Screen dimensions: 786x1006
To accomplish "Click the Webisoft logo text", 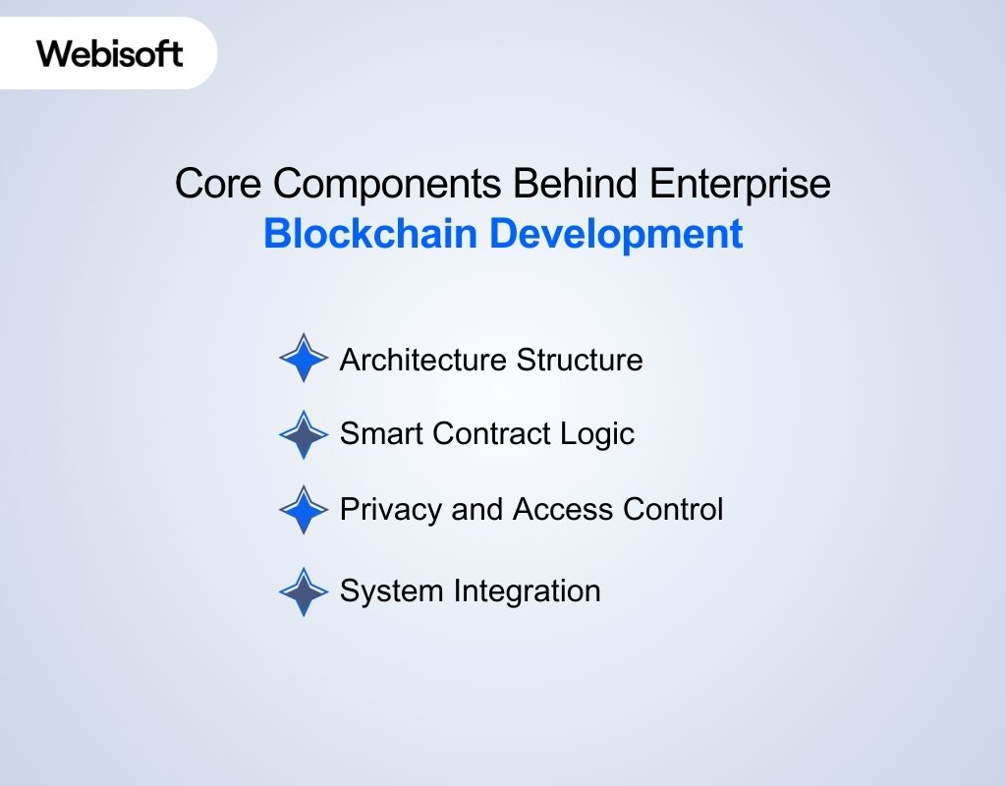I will click(110, 53).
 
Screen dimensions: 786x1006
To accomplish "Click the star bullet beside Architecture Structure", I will click(303, 359).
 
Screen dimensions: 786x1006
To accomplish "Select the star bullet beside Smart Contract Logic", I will click(303, 434).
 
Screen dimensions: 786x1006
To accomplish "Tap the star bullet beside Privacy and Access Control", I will click(303, 510).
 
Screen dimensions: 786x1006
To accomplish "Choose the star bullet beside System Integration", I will click(303, 591).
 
